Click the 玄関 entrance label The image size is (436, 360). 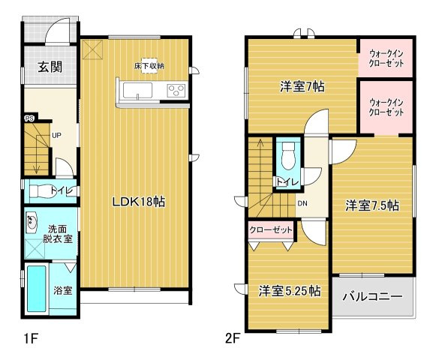coord(50,67)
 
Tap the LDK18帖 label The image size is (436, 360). coord(139,202)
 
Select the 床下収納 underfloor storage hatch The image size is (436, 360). coord(149,66)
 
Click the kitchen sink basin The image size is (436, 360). coord(137,90)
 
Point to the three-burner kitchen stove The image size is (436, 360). coord(176,90)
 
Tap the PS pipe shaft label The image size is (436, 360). coord(29,118)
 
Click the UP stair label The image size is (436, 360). coord(56,136)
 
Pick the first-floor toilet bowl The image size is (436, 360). coord(41,191)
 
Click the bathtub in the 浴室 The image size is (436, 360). coord(37,288)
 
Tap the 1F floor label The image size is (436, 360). coord(31,339)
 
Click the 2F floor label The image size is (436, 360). coord(233,339)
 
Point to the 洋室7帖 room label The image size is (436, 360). coord(302,87)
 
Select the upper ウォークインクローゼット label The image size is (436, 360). coord(386,58)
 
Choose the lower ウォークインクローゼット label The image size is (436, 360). coord(386,107)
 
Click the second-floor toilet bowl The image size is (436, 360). coord(288,156)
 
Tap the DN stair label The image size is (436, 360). coord(302,203)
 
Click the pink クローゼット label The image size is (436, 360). coord(271,230)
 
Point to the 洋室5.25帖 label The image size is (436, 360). coord(290,291)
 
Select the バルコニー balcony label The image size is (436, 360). coord(372,296)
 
